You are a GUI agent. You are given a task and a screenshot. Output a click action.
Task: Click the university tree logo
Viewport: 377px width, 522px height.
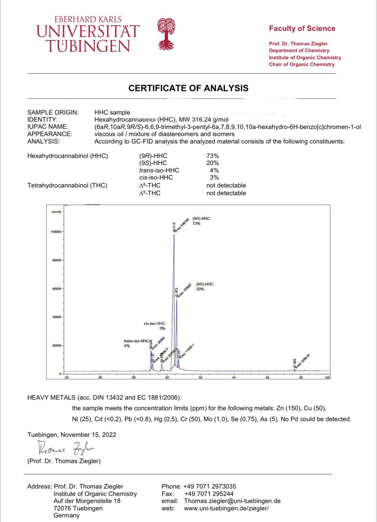pos(166,34)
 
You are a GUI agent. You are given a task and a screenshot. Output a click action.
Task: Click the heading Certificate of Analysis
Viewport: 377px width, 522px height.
pos(188,88)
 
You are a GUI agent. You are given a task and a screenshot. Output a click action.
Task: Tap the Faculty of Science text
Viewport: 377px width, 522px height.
pos(302,29)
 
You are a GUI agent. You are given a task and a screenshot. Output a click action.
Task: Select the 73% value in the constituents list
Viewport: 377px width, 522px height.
pos(212,156)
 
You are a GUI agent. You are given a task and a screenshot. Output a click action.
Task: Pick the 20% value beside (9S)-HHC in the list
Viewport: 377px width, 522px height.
pos(212,163)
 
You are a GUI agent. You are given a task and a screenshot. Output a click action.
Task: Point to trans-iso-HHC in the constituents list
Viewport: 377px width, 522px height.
pos(159,170)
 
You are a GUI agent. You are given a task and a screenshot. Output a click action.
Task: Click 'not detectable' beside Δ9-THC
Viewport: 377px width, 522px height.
pos(226,193)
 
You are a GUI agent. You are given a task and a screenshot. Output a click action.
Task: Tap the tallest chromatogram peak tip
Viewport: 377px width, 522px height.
pos(174,234)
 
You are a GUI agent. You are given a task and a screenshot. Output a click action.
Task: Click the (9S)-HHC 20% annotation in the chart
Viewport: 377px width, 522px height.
pos(204,287)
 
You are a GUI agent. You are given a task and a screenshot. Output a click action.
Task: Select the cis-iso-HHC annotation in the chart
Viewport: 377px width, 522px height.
pos(155,326)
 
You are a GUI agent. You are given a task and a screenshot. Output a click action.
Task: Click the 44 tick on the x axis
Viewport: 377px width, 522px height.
pos(234,377)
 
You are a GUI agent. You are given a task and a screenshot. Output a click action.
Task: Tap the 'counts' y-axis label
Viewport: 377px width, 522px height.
pos(56,212)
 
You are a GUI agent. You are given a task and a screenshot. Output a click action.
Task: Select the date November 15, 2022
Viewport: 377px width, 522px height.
pos(88,435)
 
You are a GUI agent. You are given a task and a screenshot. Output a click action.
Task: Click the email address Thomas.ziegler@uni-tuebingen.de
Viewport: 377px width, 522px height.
pos(232,501)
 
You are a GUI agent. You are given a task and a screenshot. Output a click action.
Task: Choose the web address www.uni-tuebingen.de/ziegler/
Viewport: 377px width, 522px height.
pos(226,508)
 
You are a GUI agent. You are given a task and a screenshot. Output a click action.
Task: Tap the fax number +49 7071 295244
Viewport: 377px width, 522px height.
pos(209,494)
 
